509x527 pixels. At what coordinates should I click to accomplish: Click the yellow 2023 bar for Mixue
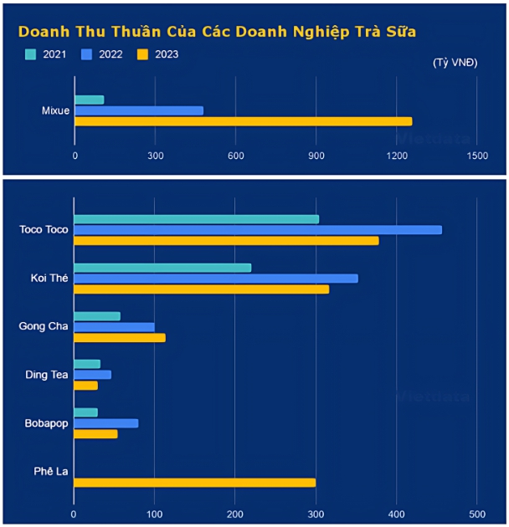(x=243, y=121)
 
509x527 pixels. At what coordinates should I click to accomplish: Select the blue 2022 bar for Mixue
(x=139, y=110)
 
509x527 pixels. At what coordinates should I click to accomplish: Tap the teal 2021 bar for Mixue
(x=89, y=100)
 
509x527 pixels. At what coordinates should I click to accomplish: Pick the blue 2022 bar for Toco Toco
(x=258, y=230)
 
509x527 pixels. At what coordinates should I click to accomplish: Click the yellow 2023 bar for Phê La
(x=195, y=483)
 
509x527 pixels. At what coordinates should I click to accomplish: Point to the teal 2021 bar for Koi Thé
(x=162, y=268)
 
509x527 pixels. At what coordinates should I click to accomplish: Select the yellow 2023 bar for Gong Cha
(x=120, y=338)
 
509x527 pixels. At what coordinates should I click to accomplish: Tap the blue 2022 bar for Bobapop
(x=106, y=423)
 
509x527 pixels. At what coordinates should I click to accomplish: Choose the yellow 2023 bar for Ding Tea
(x=86, y=386)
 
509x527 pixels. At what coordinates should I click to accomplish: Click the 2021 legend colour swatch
(x=31, y=54)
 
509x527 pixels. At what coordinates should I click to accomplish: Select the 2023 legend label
(x=167, y=54)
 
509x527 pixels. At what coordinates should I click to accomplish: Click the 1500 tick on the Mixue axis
(x=476, y=156)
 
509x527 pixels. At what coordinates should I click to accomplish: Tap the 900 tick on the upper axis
(x=316, y=156)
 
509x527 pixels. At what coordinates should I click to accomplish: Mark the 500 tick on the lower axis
(x=476, y=514)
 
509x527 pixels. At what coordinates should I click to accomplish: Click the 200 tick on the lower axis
(x=235, y=514)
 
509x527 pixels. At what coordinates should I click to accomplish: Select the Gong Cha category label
(x=44, y=326)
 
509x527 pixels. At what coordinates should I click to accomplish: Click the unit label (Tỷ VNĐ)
(x=455, y=64)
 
